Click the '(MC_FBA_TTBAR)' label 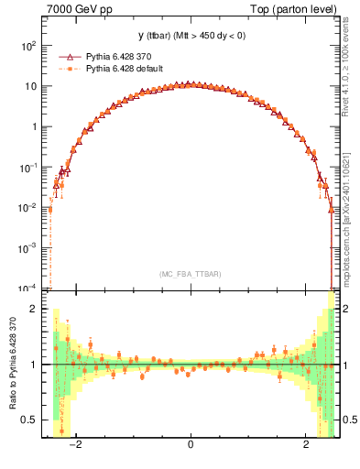click(x=190, y=275)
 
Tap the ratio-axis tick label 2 click(x=36, y=309)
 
